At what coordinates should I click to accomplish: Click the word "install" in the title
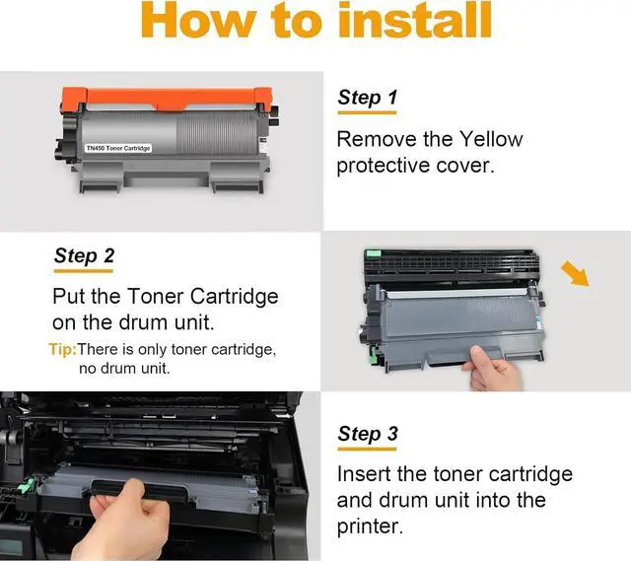click(415, 20)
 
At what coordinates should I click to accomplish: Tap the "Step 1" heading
click(368, 98)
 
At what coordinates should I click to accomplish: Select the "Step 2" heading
click(84, 256)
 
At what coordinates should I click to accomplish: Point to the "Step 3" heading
click(368, 434)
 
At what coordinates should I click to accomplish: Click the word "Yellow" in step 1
click(491, 139)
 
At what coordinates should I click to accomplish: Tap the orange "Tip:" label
click(63, 349)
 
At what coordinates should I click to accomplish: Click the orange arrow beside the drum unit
click(576, 273)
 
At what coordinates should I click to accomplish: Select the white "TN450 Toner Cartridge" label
click(118, 148)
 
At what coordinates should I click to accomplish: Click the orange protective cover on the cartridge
click(167, 99)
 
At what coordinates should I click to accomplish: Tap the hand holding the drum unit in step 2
click(493, 369)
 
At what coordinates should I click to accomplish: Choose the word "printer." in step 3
click(370, 526)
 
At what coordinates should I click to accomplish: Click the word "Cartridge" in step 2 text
click(234, 297)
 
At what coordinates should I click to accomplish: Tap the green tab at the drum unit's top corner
click(373, 253)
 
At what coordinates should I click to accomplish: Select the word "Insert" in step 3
click(364, 474)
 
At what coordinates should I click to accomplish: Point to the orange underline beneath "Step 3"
click(367, 450)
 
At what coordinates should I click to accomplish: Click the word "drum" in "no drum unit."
click(117, 368)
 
